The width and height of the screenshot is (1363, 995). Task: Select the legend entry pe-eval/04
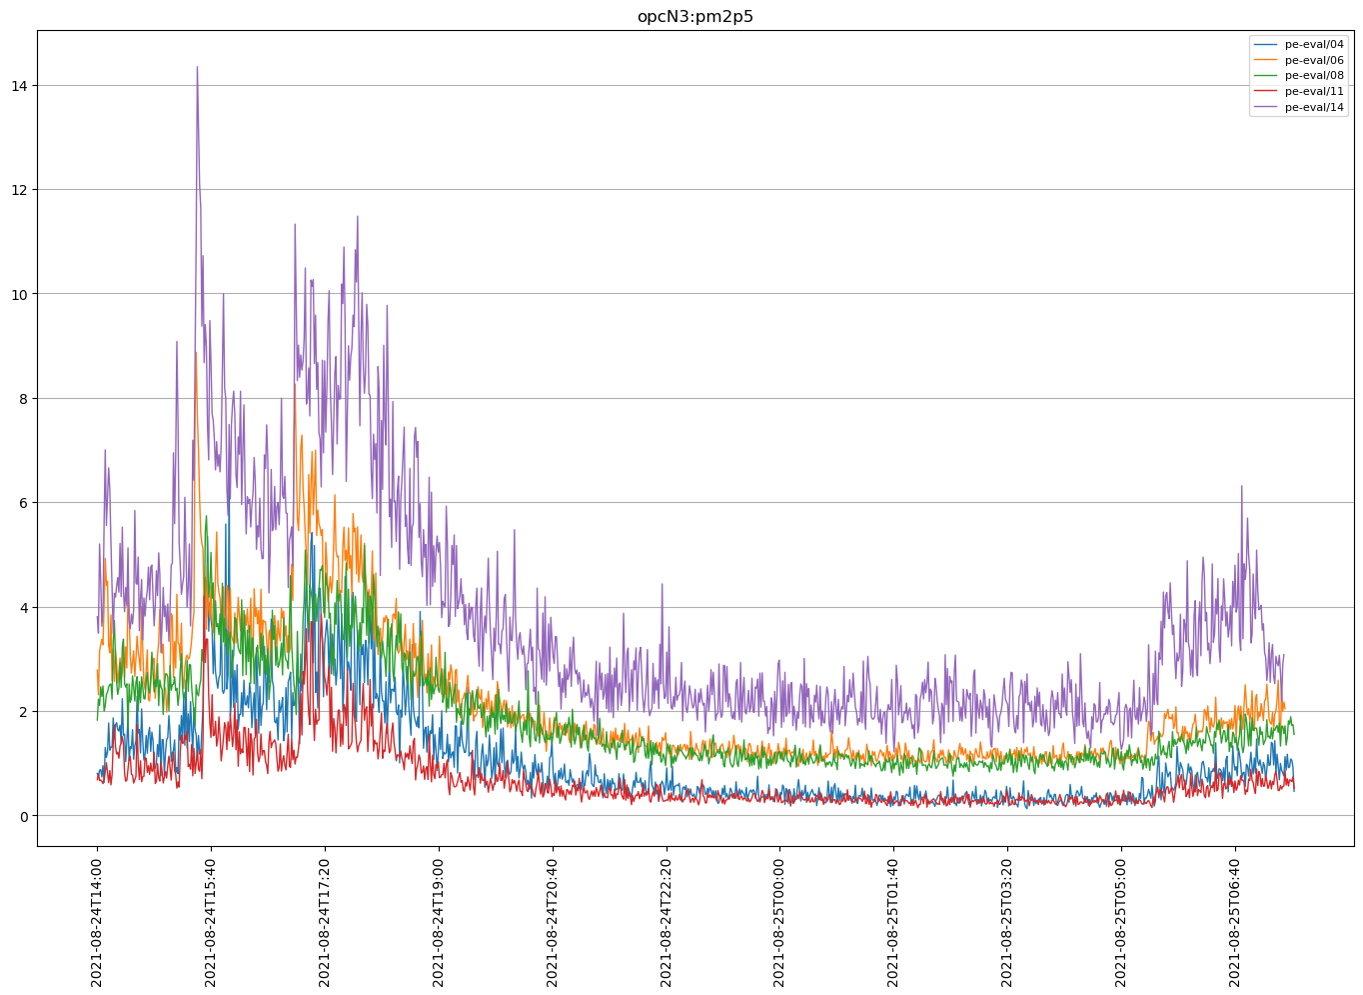click(1313, 45)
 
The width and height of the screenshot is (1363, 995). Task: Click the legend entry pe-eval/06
click(1313, 60)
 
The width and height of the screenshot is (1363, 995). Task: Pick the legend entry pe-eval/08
click(1313, 76)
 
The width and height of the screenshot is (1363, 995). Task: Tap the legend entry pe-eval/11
click(1313, 91)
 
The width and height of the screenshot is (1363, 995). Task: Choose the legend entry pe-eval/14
click(1313, 107)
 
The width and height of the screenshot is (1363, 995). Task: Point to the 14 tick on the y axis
click(20, 86)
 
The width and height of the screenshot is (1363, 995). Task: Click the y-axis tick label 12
click(20, 190)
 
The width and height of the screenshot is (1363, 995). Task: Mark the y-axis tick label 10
click(20, 294)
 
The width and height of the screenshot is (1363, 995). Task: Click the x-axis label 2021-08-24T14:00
click(97, 922)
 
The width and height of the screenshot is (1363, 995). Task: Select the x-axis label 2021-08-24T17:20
click(325, 922)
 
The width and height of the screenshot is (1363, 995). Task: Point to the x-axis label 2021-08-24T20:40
click(553, 922)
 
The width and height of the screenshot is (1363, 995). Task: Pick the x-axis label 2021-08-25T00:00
click(780, 922)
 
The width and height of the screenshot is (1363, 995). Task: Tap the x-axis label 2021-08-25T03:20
click(1007, 922)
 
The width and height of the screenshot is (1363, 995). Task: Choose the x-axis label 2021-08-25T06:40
click(1235, 922)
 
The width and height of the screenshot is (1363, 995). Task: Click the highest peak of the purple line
click(197, 67)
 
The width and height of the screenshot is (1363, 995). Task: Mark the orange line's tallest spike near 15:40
click(196, 352)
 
